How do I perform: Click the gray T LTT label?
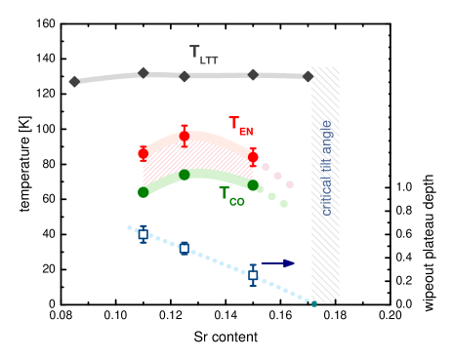[203, 55]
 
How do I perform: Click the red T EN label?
[240, 125]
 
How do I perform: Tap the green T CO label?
[231, 195]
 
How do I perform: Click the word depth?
[429, 191]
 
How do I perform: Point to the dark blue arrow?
[278, 262]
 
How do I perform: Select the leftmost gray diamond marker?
[74, 82]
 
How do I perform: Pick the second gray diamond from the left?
[144, 72]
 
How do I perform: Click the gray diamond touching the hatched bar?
[308, 76]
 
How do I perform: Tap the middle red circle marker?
[184, 136]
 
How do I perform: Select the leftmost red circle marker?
[143, 153]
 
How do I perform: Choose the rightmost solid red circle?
[253, 156]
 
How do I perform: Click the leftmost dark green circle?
[143, 192]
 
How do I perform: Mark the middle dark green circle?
[184, 175]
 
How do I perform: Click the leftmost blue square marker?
[143, 234]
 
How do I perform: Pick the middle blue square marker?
[184, 248]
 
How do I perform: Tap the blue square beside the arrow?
[252, 275]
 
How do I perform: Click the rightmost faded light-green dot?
[284, 204]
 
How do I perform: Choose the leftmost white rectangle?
[378, 105]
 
